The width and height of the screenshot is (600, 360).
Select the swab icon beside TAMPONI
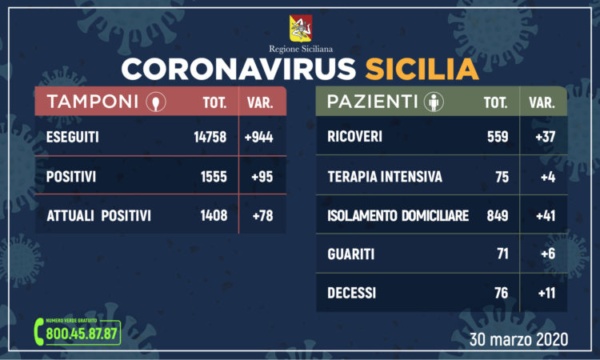pos(155,103)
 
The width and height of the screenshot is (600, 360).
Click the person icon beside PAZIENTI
pos(433,102)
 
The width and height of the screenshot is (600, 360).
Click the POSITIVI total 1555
pos(214,176)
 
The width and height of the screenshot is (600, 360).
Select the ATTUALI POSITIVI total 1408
pos(213,214)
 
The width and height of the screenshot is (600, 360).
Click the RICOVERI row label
pos(354,137)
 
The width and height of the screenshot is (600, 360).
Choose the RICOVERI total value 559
pos(498,137)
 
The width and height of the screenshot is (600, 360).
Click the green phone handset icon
pos(40,331)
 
